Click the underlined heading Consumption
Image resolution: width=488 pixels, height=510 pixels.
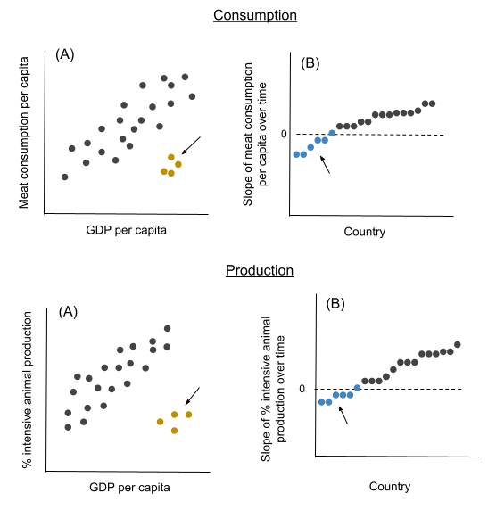point(255,15)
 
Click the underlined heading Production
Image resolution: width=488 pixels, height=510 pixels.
point(260,270)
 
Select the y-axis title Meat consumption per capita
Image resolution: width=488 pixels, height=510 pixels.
point(24,132)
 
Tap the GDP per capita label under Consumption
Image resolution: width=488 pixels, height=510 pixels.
point(127,230)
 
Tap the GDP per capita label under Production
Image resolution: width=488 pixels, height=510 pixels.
point(129,488)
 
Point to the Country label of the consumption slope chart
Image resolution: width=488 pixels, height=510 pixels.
point(365,232)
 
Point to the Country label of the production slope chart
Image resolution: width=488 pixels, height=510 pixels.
point(390,487)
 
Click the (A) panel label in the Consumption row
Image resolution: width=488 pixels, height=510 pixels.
point(65,54)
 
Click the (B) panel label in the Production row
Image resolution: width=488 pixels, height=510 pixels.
point(335,304)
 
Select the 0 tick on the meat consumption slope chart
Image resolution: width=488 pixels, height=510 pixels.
point(284,134)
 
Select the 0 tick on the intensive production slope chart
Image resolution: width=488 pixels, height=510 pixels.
point(302,389)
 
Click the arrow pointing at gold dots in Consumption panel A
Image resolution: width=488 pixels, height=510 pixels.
point(191,145)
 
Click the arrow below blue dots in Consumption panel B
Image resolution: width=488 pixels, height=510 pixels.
point(325,165)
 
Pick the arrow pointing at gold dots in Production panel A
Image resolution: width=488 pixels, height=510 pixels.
point(193,396)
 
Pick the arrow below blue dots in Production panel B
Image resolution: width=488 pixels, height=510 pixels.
point(343,415)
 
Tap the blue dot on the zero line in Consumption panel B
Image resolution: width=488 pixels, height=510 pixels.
point(332,133)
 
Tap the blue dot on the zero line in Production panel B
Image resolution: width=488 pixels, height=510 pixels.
point(357,388)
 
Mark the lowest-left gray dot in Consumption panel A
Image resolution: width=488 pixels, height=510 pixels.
point(65,177)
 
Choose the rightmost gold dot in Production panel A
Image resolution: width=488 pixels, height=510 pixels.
point(188,415)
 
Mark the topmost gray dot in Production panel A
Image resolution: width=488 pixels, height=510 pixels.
point(168,328)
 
